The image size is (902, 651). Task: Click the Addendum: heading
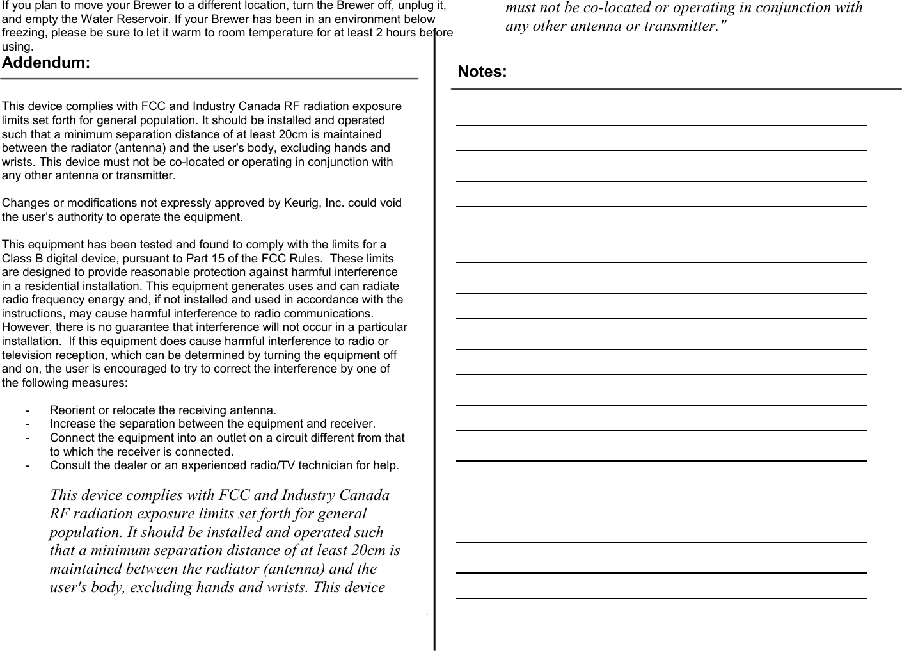coord(46,63)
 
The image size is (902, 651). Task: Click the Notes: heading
coord(482,72)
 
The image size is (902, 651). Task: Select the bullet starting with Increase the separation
coord(212,424)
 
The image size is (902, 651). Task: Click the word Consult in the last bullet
coord(69,465)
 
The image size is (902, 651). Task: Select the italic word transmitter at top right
coord(684,26)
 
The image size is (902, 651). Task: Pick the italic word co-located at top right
coord(626,8)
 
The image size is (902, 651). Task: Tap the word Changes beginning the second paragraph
coord(25,203)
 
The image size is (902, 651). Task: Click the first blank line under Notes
coord(661,125)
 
